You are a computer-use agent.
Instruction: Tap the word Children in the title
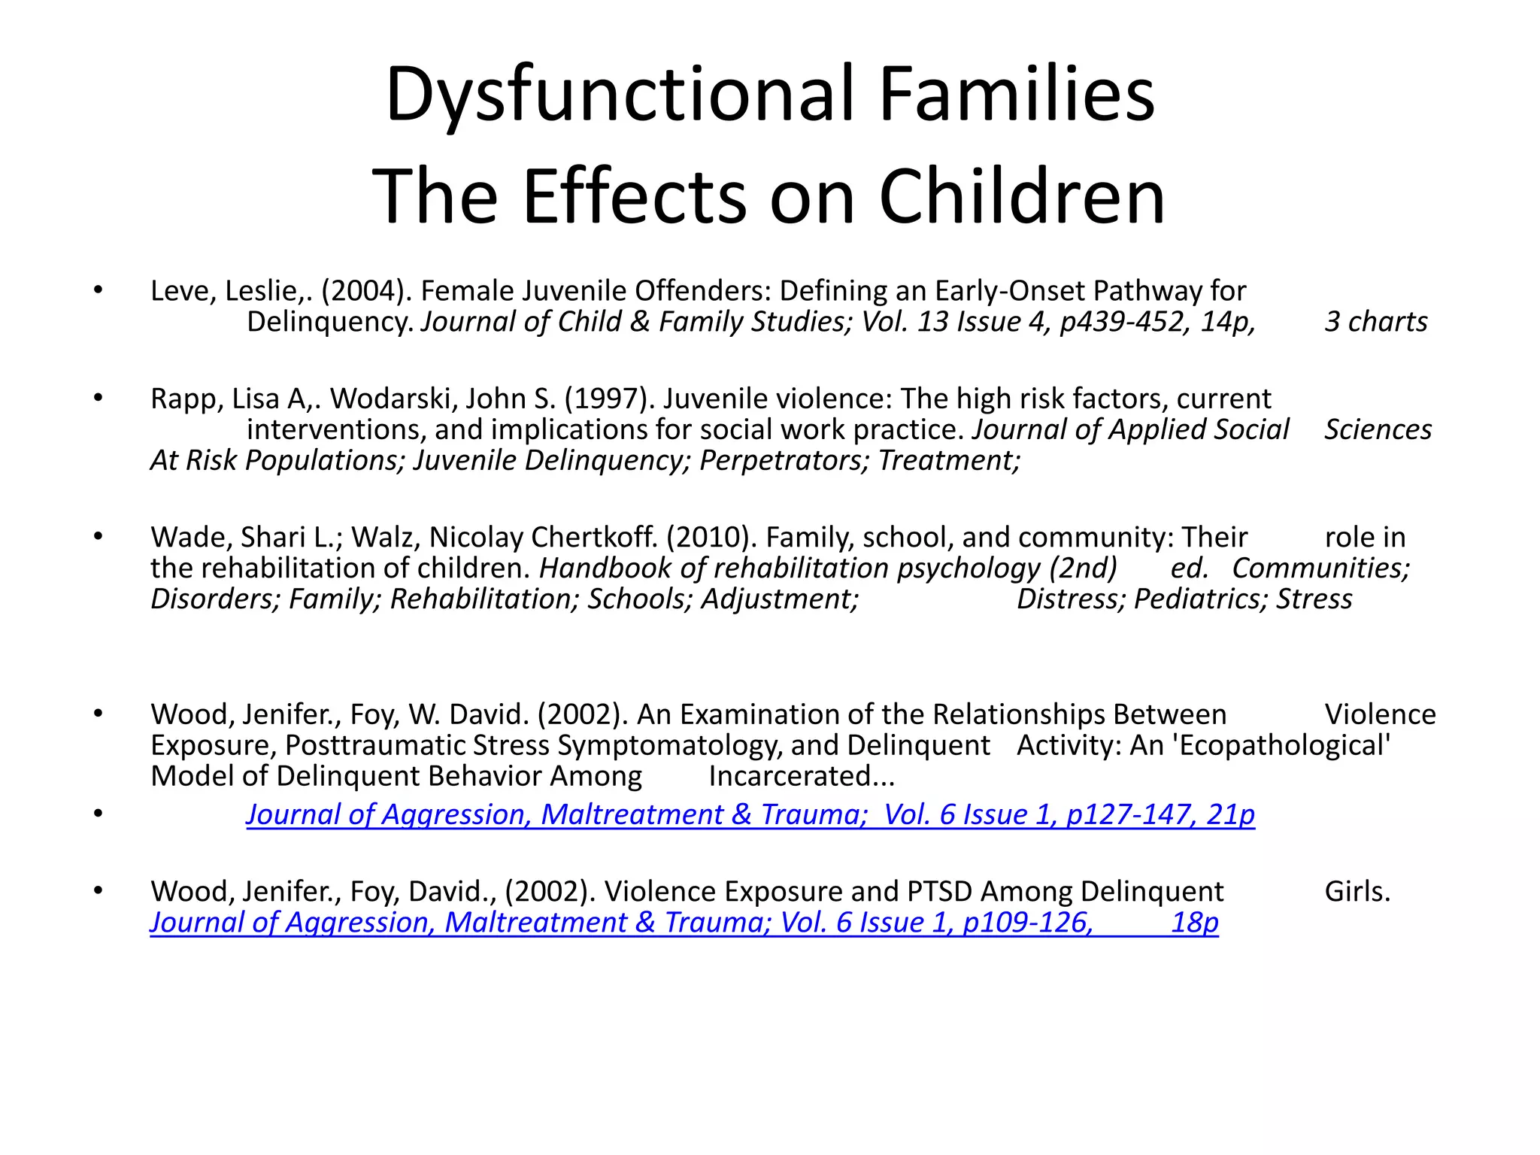[x=1022, y=197]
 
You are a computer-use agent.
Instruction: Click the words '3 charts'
[x=1375, y=322]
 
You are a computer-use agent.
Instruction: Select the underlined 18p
[x=1194, y=923]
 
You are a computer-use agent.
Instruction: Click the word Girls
[x=1357, y=892]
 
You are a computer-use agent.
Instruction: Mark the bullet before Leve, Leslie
[x=98, y=290]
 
